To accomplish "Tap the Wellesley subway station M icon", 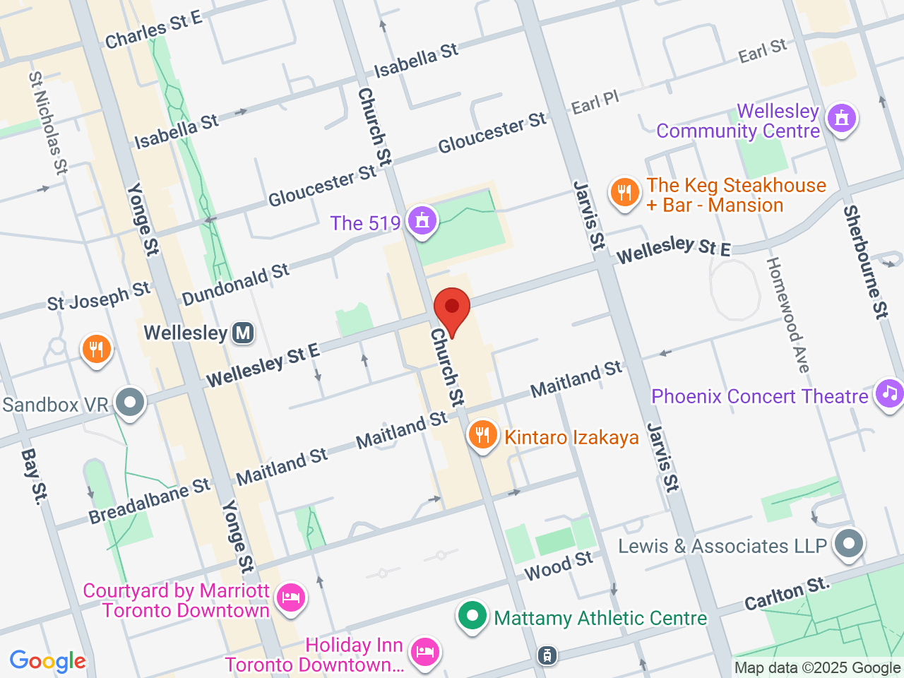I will (x=243, y=333).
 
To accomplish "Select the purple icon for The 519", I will (x=422, y=220).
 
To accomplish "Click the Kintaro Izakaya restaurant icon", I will (x=482, y=435).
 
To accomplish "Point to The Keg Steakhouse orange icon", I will (x=624, y=193).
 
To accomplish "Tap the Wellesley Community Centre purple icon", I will (x=841, y=119).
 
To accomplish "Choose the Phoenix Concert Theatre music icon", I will (x=890, y=393).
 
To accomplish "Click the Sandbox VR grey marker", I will (x=130, y=403).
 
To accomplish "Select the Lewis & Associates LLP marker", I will (x=849, y=545).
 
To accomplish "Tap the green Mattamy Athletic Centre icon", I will (x=472, y=616).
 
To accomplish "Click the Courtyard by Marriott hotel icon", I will (x=290, y=598).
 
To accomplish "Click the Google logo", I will (x=47, y=662).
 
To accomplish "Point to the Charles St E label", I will (x=153, y=31).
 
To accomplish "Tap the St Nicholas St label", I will (x=48, y=123).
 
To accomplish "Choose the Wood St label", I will (x=559, y=565).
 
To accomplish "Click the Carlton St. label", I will (x=786, y=594).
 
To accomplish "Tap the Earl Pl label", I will (x=595, y=103).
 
